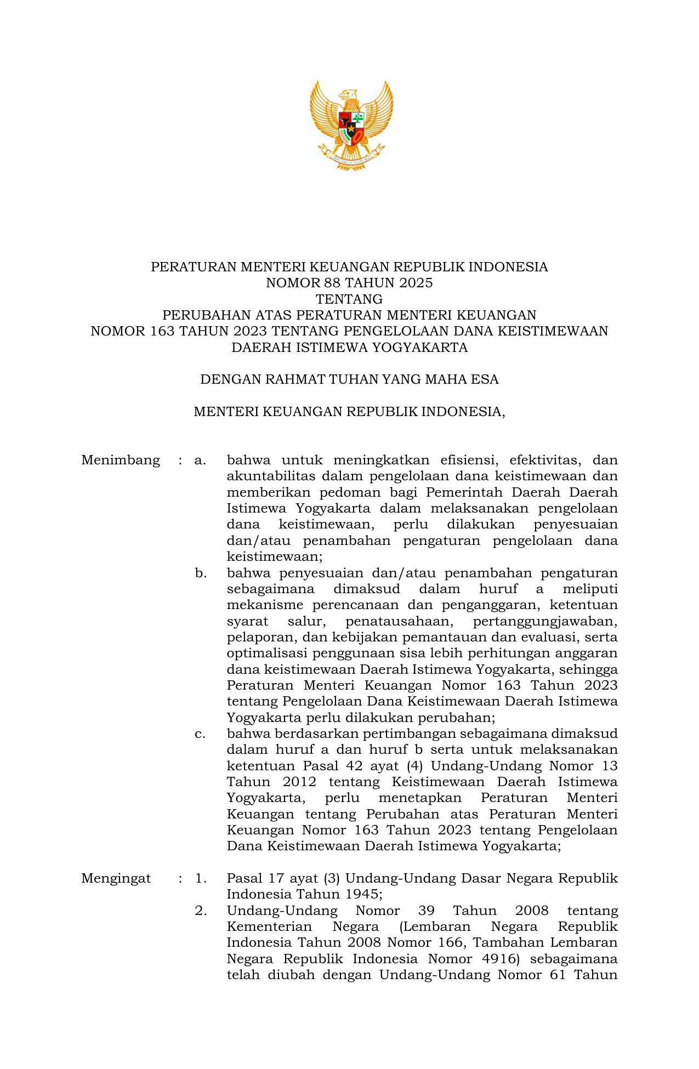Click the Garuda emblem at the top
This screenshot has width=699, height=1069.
[x=351, y=125]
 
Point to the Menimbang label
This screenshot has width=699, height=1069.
[x=121, y=460]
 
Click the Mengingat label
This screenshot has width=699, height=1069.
[x=116, y=878]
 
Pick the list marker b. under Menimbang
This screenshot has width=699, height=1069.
[x=201, y=573]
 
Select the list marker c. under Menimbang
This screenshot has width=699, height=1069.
[x=200, y=733]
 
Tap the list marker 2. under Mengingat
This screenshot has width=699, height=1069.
[x=201, y=911]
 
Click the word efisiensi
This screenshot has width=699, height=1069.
[x=465, y=460]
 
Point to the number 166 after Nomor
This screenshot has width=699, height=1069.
[x=450, y=942]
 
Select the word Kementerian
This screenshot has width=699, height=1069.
[x=269, y=926]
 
